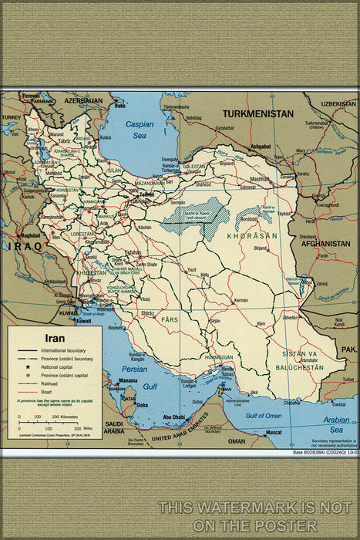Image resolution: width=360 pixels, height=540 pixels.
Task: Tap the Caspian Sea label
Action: (x=140, y=129)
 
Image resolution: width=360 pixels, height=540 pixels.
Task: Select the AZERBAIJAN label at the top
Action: (x=83, y=101)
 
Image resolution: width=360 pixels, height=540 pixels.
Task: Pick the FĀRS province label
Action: (x=169, y=318)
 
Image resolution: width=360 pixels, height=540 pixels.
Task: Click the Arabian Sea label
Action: (x=336, y=425)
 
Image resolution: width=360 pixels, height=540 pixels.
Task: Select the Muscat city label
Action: (x=274, y=433)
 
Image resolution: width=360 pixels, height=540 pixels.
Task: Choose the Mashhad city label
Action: (x=260, y=178)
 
